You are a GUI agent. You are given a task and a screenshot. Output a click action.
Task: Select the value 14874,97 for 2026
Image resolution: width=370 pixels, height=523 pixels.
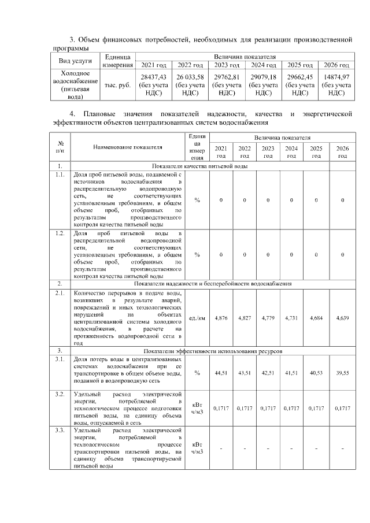[336, 76]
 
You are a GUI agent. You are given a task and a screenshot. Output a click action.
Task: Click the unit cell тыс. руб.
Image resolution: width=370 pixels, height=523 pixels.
[117, 85]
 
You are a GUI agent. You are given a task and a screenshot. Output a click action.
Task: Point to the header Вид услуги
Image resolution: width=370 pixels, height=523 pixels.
[75, 61]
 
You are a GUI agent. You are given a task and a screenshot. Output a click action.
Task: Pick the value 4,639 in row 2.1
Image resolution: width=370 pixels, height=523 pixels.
[342, 318]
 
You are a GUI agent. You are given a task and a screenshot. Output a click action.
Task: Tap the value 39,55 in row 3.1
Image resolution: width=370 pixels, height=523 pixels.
[342, 373]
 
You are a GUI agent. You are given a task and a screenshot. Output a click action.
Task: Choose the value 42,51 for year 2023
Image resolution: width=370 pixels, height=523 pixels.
[268, 373]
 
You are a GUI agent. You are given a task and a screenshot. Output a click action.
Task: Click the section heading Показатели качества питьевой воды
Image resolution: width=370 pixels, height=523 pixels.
[199, 166]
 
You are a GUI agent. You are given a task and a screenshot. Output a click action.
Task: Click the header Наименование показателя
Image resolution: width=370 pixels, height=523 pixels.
[127, 148]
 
